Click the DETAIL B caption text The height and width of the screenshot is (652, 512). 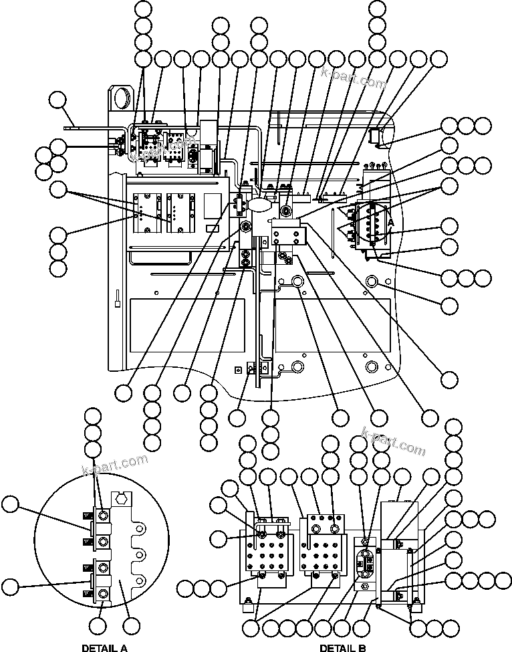coord(342,647)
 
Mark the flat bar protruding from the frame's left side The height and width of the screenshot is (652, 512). coord(88,124)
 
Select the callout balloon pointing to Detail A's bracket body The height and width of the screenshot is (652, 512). coord(132,626)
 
